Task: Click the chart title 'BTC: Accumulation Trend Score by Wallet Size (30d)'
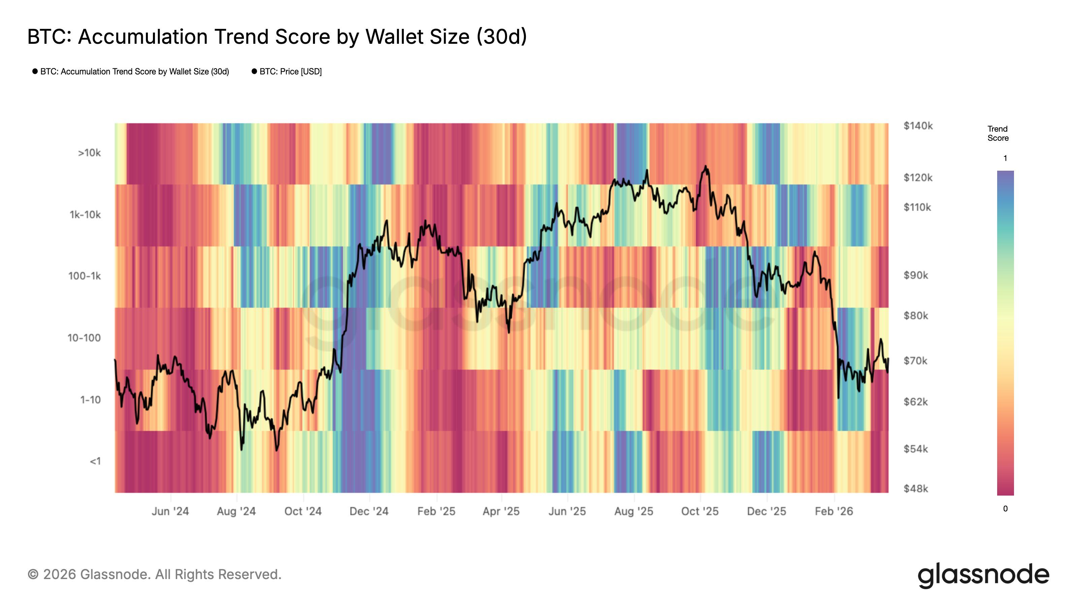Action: pos(277,37)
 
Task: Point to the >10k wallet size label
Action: pos(89,153)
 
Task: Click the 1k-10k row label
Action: pos(85,215)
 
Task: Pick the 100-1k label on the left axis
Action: pos(85,276)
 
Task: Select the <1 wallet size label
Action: pos(95,461)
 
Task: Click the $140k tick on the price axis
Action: pos(918,126)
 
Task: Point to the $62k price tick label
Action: pos(915,402)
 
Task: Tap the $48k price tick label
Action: pos(915,489)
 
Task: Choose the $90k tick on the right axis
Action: pos(915,275)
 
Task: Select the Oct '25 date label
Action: pos(699,511)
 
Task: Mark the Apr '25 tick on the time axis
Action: pos(501,511)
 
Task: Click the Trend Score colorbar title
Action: pos(997,133)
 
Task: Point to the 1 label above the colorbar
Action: pos(1005,159)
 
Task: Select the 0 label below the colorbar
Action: pos(1005,509)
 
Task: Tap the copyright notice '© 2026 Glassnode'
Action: pos(154,575)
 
